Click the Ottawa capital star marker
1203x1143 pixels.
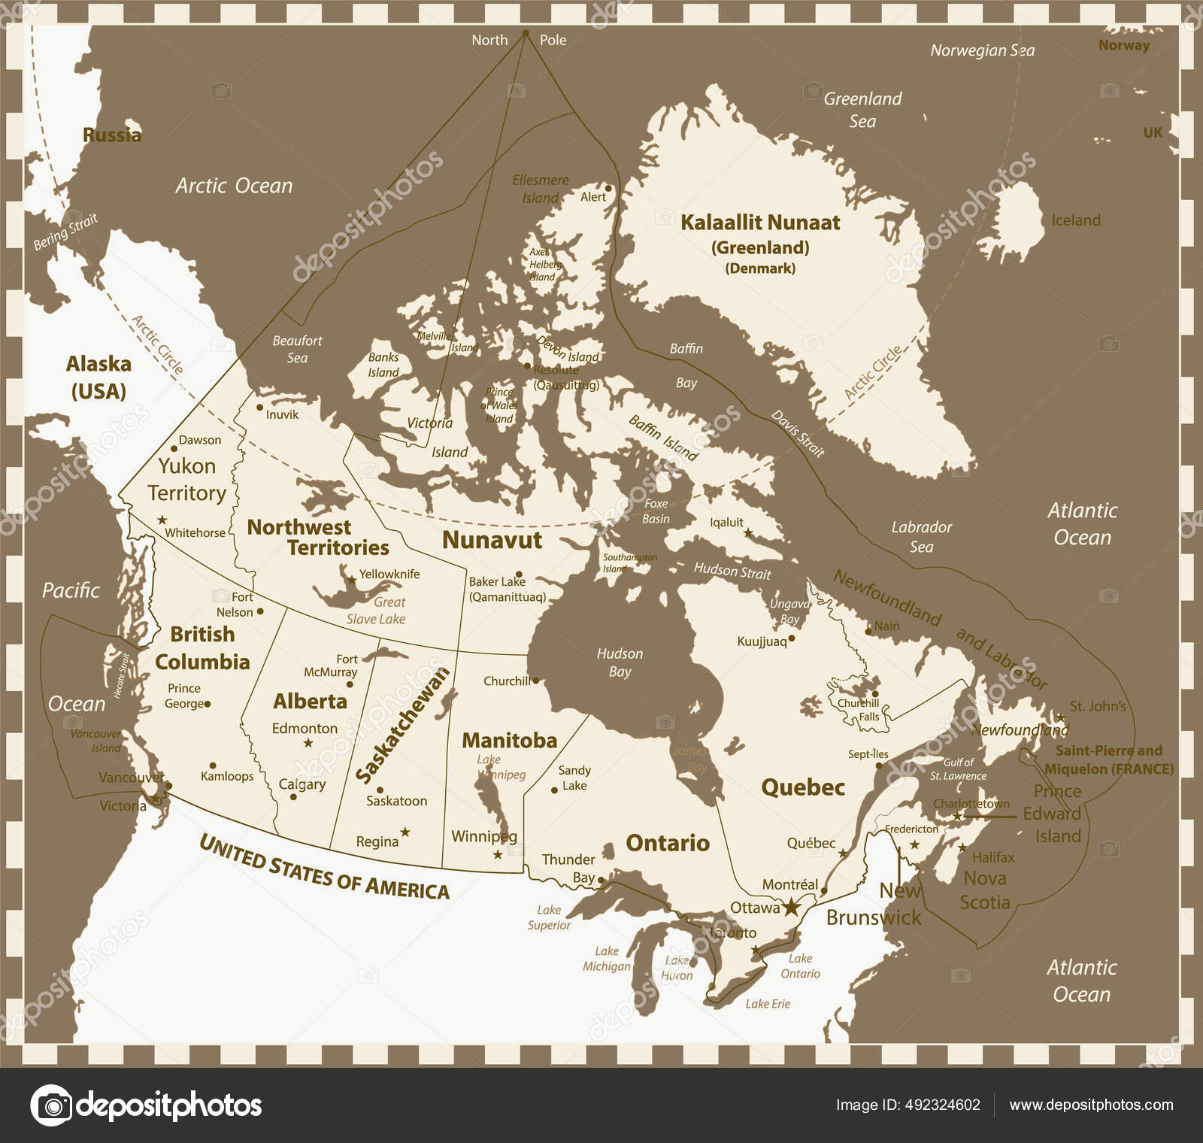click(x=790, y=907)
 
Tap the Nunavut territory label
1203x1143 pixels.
click(x=492, y=540)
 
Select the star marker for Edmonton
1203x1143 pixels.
click(x=308, y=743)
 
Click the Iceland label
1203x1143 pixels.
click(x=1075, y=220)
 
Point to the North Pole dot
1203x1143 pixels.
click(x=526, y=34)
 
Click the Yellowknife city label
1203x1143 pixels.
click(x=389, y=574)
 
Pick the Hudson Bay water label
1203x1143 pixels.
click(x=620, y=662)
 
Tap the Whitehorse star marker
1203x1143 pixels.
click(x=162, y=520)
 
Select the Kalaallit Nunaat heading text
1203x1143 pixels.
click(x=760, y=223)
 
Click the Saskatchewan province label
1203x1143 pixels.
click(x=402, y=726)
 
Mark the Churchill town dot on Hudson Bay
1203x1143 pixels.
click(x=535, y=681)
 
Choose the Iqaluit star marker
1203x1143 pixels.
click(x=748, y=532)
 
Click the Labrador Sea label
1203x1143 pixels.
click(x=921, y=537)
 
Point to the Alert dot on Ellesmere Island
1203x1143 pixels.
click(x=608, y=188)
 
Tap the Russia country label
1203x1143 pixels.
click(x=111, y=135)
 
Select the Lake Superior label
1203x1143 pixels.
click(x=549, y=917)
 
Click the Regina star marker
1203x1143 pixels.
click(x=405, y=832)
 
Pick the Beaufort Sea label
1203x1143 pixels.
click(x=297, y=349)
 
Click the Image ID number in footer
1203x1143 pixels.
click(x=908, y=1105)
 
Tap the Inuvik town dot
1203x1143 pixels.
click(x=259, y=407)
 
